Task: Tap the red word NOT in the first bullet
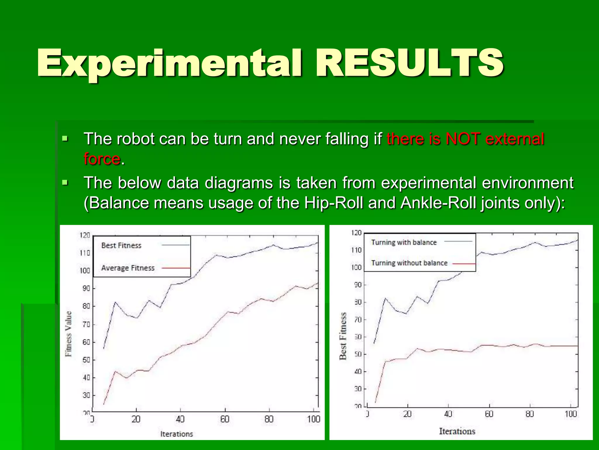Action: point(463,139)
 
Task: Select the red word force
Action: point(102,159)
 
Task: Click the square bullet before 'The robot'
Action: point(65,139)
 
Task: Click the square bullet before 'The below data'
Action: point(65,183)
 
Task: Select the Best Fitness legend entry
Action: point(121,246)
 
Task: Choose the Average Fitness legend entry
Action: point(128,268)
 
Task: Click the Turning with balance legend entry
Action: point(404,242)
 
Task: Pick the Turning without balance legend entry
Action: point(409,263)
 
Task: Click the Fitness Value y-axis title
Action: point(68,334)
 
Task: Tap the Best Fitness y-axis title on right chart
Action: point(343,336)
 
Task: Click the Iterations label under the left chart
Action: point(177,434)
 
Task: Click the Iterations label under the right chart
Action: point(457,431)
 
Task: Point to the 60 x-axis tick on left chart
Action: point(225,419)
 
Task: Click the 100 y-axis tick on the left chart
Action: point(85,270)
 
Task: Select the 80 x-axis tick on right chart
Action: point(530,414)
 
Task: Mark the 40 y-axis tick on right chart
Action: point(358,371)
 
